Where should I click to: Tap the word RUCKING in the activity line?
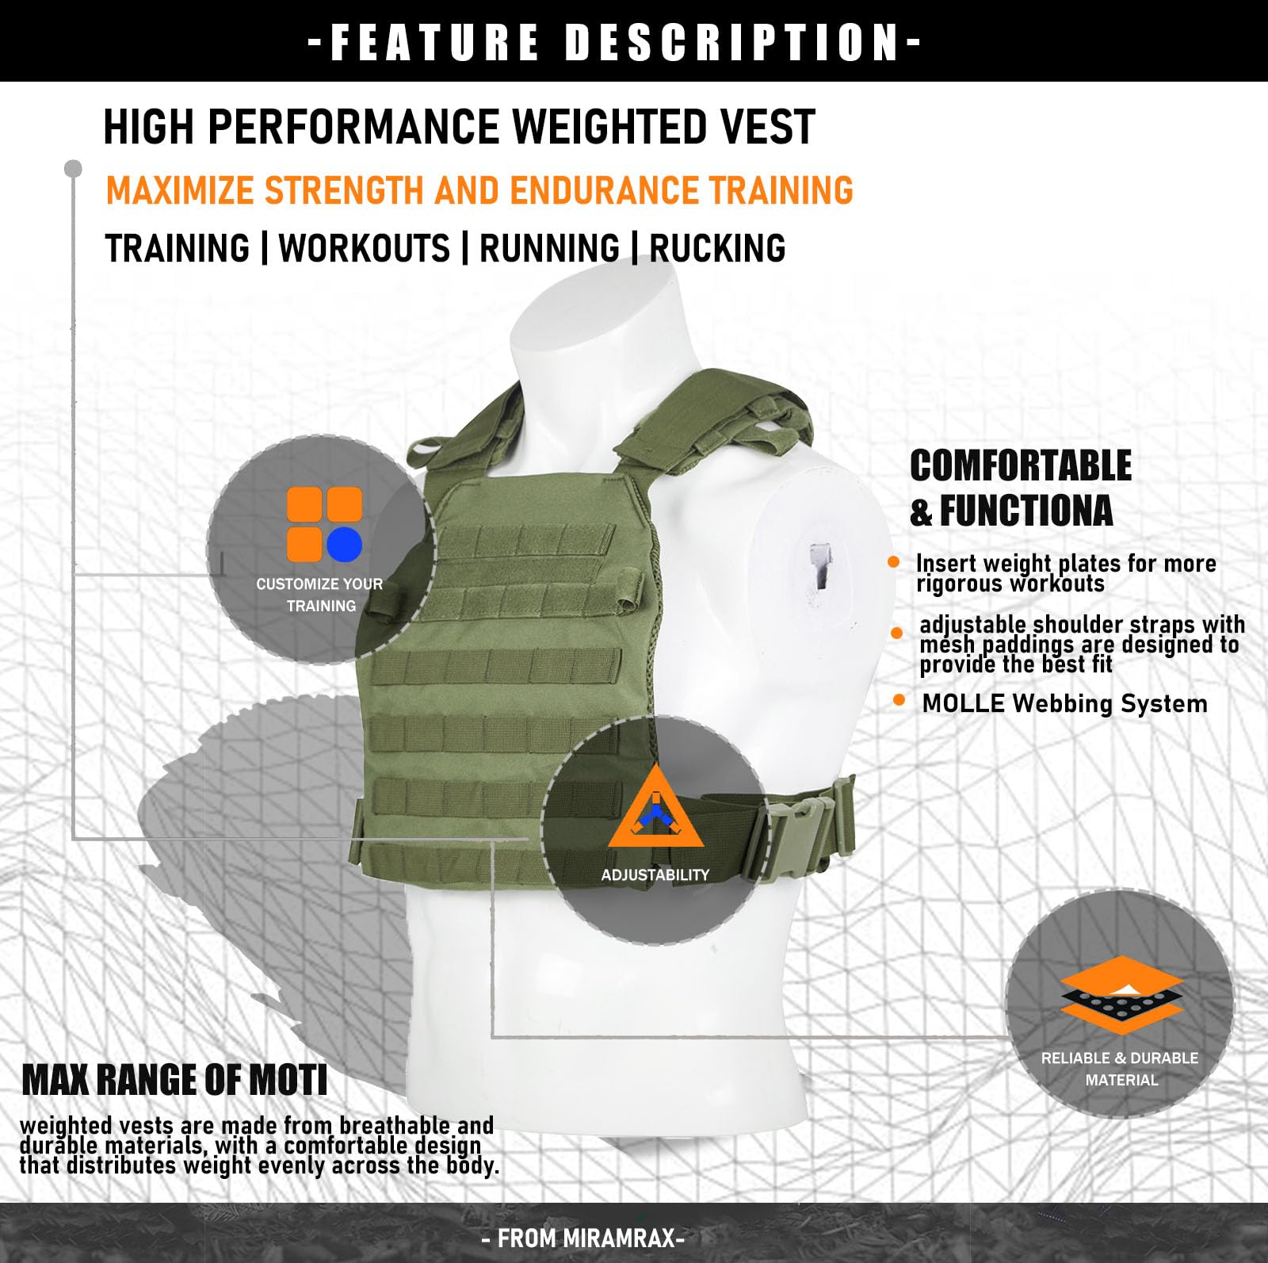717,248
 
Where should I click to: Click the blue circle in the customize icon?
344,545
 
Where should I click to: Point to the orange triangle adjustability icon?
655,809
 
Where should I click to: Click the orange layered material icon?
1121,995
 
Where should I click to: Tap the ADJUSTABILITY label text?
655,875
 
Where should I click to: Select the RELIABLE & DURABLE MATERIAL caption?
1120,1069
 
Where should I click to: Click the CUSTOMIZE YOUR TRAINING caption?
320,595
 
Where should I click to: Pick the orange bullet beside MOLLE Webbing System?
899,700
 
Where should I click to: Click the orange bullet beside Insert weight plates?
894,562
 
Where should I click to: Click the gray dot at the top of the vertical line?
73,168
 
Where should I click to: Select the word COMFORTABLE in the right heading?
1021,465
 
